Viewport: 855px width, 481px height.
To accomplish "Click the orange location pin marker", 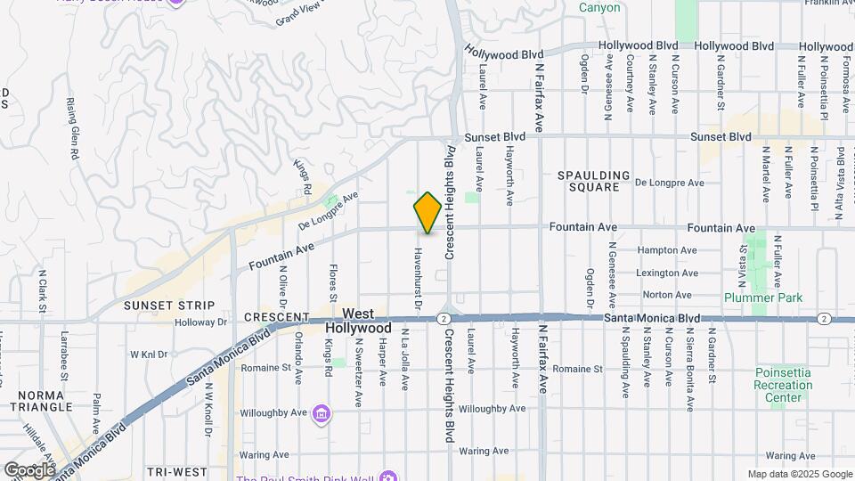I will tap(428, 213).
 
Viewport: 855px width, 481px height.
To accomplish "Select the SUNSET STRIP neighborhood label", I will tap(157, 306).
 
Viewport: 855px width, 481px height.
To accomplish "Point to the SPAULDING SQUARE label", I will tap(595, 181).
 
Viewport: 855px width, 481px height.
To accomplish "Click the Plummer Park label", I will tap(762, 298).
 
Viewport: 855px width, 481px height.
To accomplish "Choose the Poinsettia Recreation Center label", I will tap(784, 386).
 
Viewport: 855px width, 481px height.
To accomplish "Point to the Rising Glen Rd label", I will tap(71, 129).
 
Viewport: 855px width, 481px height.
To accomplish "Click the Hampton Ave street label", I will tap(667, 251).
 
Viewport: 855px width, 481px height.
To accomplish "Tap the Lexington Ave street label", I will tap(667, 273).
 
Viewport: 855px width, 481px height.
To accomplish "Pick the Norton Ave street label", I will tap(667, 295).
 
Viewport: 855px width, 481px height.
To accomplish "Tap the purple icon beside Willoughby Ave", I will tap(322, 414).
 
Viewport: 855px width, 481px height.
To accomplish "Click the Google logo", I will tap(29, 469).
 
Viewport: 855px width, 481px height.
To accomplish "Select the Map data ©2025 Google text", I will tap(800, 474).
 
